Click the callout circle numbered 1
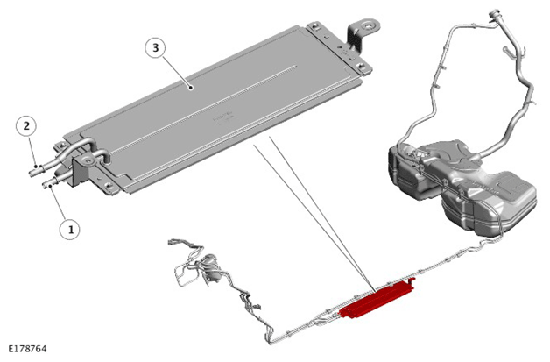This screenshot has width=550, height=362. (x=70, y=230)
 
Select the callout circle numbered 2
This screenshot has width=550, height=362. (x=26, y=125)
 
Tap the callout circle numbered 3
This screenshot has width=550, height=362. (x=155, y=47)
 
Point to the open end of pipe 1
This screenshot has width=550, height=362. (x=45, y=185)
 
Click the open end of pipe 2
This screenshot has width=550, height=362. (x=32, y=173)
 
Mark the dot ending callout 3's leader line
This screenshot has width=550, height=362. (x=191, y=88)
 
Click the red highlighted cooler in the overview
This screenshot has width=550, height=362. (x=377, y=298)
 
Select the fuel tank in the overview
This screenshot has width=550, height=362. (x=463, y=186)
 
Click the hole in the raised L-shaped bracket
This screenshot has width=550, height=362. (x=369, y=25)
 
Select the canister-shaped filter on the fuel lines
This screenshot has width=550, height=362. (x=210, y=266)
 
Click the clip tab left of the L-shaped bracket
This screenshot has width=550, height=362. (x=314, y=26)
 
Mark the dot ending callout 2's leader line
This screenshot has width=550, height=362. (x=35, y=166)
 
